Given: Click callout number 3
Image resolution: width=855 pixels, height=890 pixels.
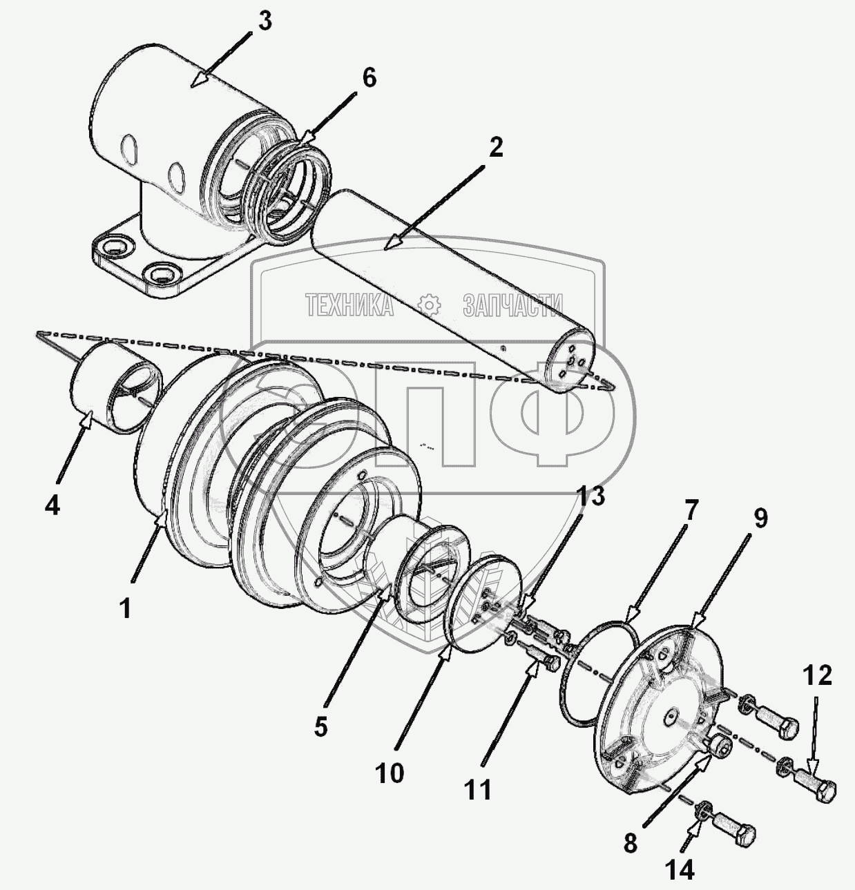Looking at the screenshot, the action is [x=265, y=21].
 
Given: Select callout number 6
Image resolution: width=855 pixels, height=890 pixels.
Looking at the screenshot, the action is [x=369, y=79].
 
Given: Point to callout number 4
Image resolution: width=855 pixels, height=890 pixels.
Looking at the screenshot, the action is [x=52, y=506].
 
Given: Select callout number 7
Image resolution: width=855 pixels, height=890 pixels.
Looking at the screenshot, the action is [x=691, y=512].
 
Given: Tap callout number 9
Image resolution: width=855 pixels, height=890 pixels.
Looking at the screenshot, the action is [x=760, y=519].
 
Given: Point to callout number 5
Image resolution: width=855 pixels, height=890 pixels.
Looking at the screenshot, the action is [x=321, y=727].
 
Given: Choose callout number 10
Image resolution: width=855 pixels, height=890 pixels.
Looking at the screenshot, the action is [x=390, y=773].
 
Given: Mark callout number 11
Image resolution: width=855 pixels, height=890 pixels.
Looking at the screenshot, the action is [x=477, y=789].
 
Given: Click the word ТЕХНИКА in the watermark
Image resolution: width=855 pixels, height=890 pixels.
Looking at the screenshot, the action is [x=349, y=304].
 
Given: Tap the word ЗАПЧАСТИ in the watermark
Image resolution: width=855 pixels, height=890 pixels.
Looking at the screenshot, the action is [x=512, y=304].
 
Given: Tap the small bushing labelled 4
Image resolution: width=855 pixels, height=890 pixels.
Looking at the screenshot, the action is [x=114, y=387].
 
